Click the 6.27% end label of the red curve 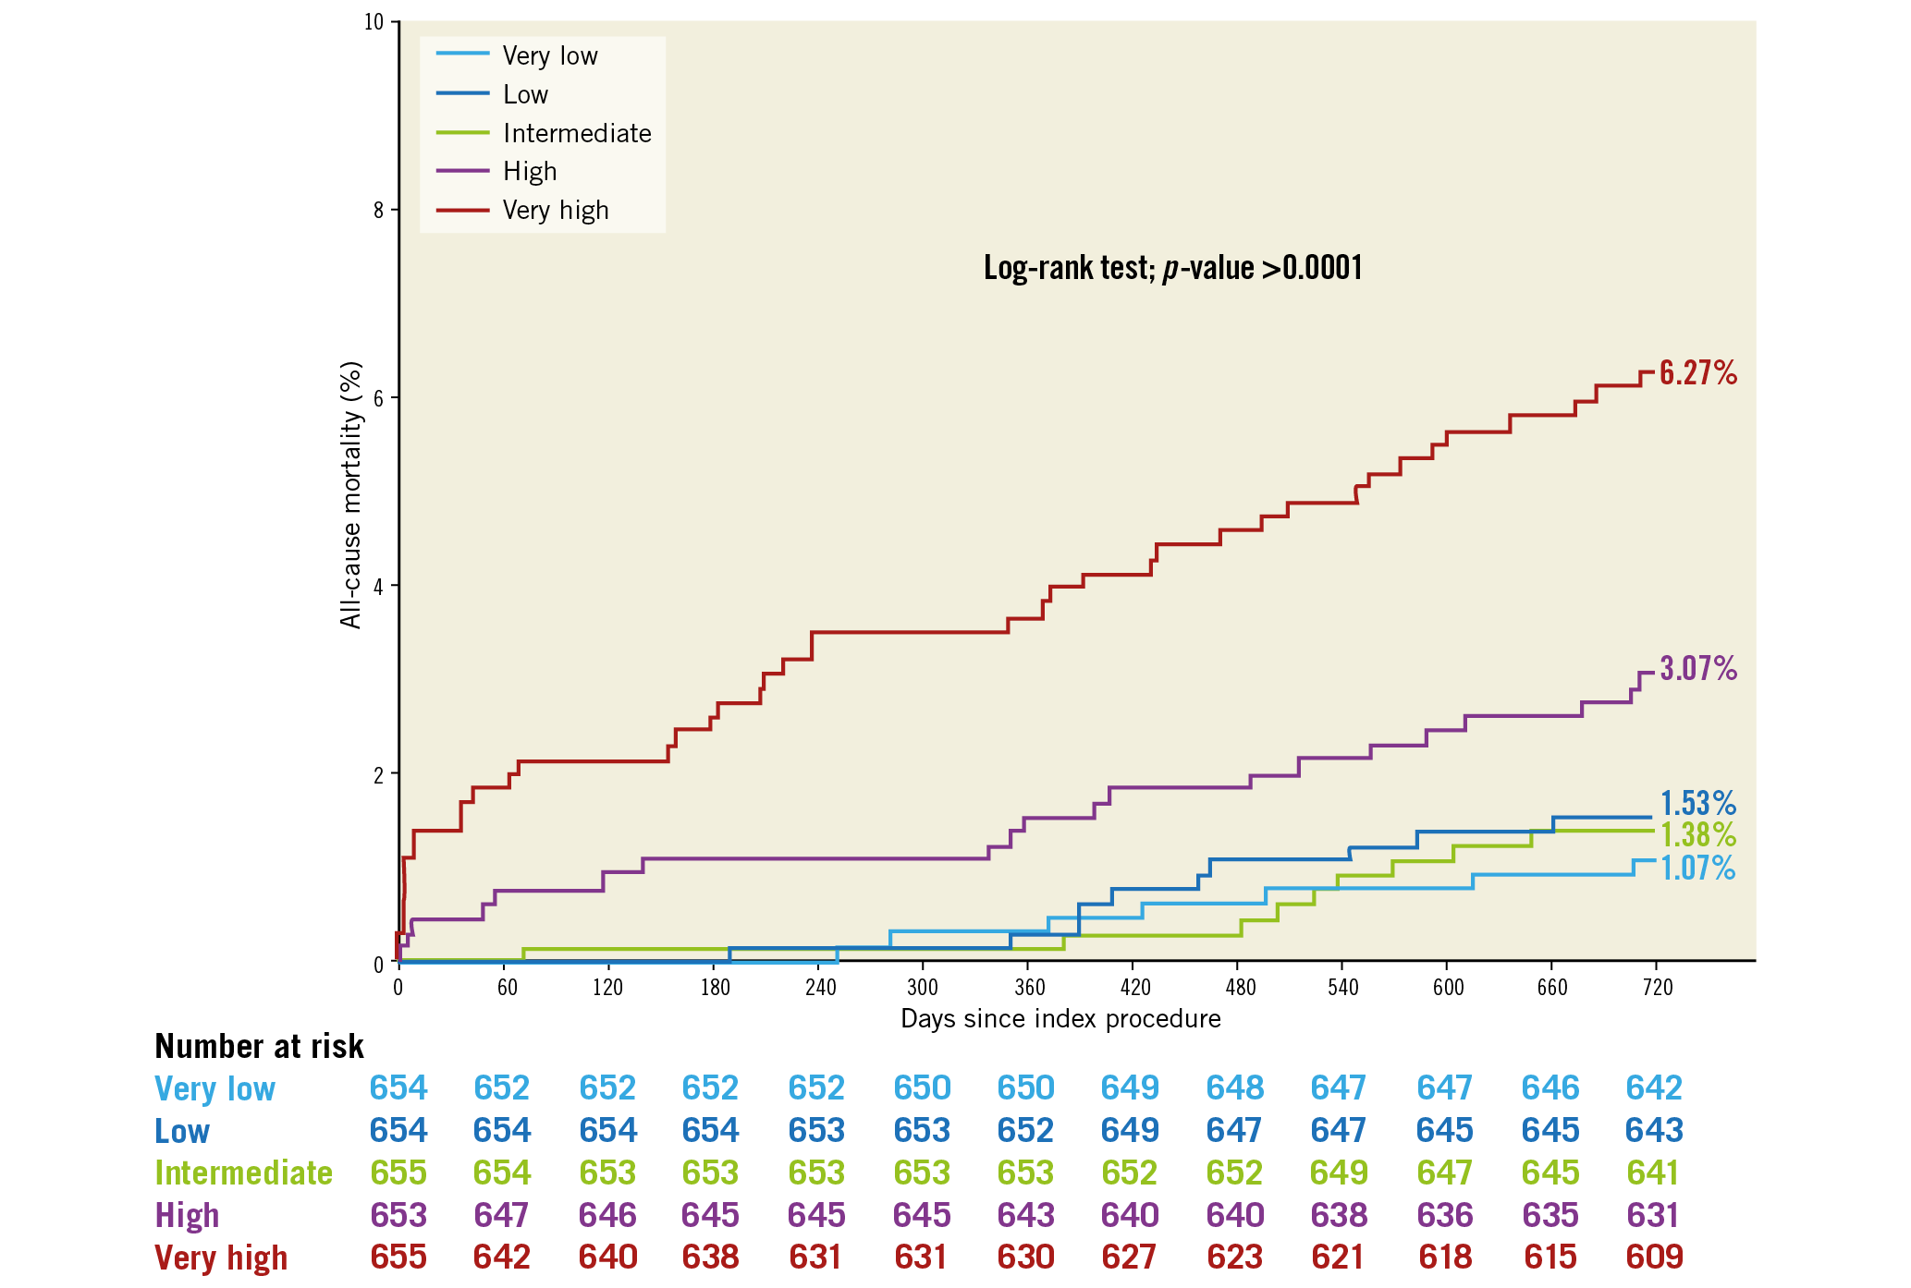pyautogui.click(x=1697, y=372)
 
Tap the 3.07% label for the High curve pyautogui.click(x=1697, y=668)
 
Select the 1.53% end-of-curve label pyautogui.click(x=1697, y=803)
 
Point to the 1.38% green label pyautogui.click(x=1697, y=835)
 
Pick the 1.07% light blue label pyautogui.click(x=1697, y=869)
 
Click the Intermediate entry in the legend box pyautogui.click(x=576, y=133)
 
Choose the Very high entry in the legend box pyautogui.click(x=555, y=211)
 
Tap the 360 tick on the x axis pyautogui.click(x=1029, y=988)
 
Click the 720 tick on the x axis pyautogui.click(x=1657, y=988)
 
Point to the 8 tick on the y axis pyautogui.click(x=378, y=210)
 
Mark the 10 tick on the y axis pyautogui.click(x=374, y=22)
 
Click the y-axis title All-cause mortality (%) pyautogui.click(x=351, y=495)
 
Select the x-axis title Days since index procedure pyautogui.click(x=1060, y=1019)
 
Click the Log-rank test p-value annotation pyautogui.click(x=1172, y=268)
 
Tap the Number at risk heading pyautogui.click(x=259, y=1046)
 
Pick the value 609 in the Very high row pyautogui.click(x=1654, y=1257)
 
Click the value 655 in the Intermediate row pyautogui.click(x=398, y=1173)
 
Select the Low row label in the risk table pyautogui.click(x=182, y=1131)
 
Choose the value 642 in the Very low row pyautogui.click(x=1654, y=1088)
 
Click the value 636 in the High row pyautogui.click(x=1444, y=1215)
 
